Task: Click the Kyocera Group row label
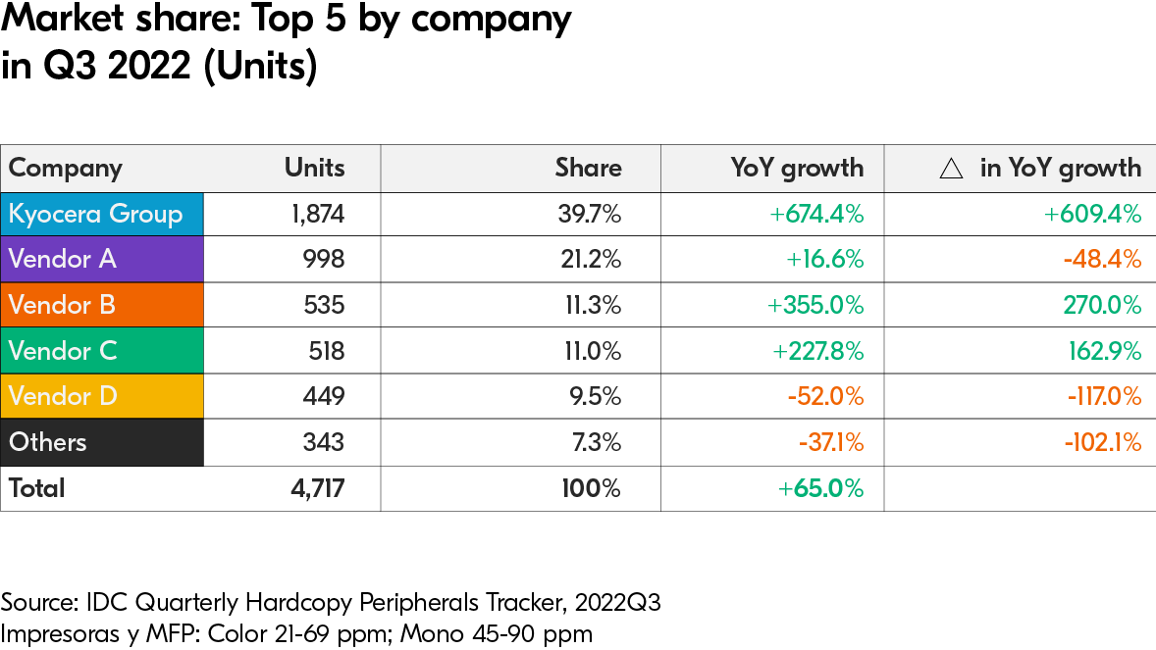click(96, 214)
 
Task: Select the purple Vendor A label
click(63, 259)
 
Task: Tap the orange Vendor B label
click(62, 305)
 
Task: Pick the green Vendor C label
click(63, 350)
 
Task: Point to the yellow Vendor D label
click(63, 396)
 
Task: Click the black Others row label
click(48, 442)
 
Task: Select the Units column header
click(314, 168)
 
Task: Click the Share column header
click(588, 168)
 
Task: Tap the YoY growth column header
click(797, 168)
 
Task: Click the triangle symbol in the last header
click(950, 169)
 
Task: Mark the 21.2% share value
click(589, 259)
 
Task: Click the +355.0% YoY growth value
click(815, 305)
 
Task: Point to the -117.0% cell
click(1102, 396)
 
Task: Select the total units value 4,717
click(314, 488)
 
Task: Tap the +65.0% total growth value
click(820, 488)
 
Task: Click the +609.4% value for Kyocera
click(1093, 214)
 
